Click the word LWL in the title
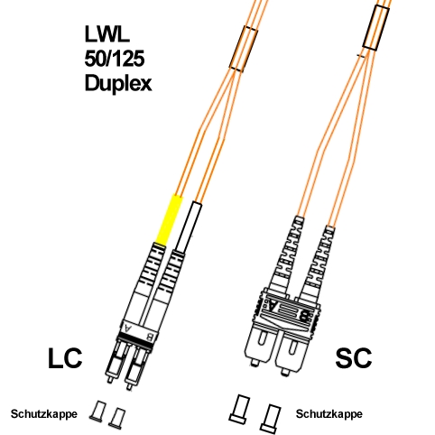click(106, 33)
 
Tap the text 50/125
click(115, 59)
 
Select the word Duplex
click(118, 83)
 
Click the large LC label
click(65, 358)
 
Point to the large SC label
click(354, 358)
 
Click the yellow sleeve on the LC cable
click(169, 220)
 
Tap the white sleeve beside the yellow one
click(189, 227)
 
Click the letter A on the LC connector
click(128, 327)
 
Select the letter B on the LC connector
click(149, 336)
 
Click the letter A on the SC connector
click(273, 306)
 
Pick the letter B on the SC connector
click(304, 316)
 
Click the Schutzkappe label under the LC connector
click(44, 414)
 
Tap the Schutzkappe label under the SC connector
click(329, 414)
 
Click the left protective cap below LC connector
click(97, 411)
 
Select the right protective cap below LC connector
click(117, 418)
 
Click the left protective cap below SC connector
click(240, 410)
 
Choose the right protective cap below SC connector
click(271, 419)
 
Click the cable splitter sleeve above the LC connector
click(244, 49)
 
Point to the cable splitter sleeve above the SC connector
click(376, 27)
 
